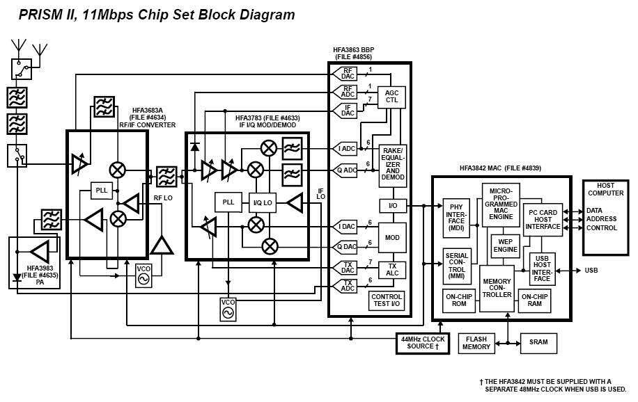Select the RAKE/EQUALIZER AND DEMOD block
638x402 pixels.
tap(392, 166)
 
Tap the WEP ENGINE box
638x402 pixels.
tap(505, 245)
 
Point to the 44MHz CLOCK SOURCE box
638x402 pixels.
tap(423, 343)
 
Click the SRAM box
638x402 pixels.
tap(538, 342)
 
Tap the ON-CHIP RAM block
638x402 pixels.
tap(535, 300)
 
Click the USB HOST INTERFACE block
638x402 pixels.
tap(542, 268)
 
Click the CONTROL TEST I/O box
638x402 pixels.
tap(387, 301)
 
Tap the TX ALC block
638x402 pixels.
tap(392, 270)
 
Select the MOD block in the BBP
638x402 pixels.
tap(392, 237)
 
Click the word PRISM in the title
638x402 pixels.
tap(40, 15)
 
